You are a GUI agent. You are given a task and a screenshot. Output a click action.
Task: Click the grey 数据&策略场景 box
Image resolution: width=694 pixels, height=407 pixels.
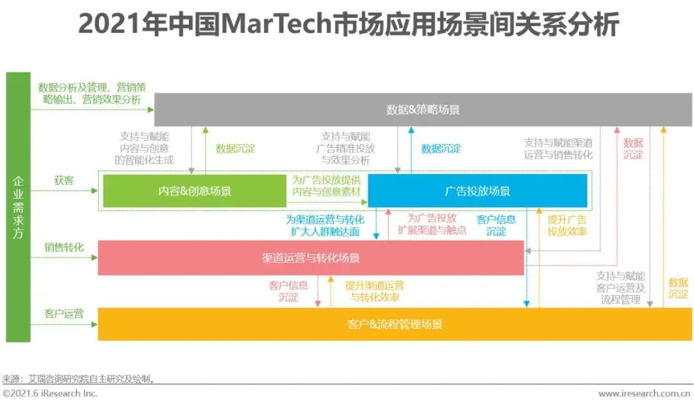tap(423, 109)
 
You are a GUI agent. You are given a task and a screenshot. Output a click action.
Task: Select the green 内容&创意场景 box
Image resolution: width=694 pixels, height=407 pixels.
tap(195, 191)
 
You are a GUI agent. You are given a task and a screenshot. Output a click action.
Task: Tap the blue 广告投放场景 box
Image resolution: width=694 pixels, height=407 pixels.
tap(477, 191)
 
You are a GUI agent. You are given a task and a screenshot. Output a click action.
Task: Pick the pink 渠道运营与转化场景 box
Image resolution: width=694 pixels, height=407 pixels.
tap(311, 258)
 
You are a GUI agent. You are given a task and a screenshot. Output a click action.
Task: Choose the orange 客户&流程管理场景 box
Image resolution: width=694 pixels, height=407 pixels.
tap(395, 324)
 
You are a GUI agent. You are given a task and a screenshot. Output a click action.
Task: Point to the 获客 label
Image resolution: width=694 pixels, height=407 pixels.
tap(64, 181)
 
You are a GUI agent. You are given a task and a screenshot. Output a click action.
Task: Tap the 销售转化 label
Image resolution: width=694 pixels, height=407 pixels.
tap(64, 248)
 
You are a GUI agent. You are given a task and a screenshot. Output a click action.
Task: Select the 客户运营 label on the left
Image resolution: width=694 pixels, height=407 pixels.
tap(64, 314)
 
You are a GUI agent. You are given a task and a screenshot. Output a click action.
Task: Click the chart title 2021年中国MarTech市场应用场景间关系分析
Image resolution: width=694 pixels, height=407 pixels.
tap(348, 24)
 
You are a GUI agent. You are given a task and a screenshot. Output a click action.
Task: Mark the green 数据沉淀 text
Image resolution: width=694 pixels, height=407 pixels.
tap(235, 149)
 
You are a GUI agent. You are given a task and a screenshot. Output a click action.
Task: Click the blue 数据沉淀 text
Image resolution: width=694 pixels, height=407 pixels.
tap(441, 149)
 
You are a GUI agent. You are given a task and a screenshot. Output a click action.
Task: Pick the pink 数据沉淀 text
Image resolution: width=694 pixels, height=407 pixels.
tap(633, 149)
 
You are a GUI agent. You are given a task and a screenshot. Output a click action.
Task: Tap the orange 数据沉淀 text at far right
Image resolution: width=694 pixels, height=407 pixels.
tap(678, 288)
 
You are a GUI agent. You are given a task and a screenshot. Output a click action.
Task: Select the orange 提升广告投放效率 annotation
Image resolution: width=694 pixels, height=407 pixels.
tap(567, 225)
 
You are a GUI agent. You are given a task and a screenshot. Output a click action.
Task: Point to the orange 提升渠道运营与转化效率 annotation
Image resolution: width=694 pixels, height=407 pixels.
tap(375, 291)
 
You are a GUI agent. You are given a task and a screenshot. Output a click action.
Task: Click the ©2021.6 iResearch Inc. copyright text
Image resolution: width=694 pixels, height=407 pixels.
tap(50, 393)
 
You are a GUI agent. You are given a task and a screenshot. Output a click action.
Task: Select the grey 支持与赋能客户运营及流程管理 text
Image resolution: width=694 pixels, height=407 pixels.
tap(620, 287)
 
